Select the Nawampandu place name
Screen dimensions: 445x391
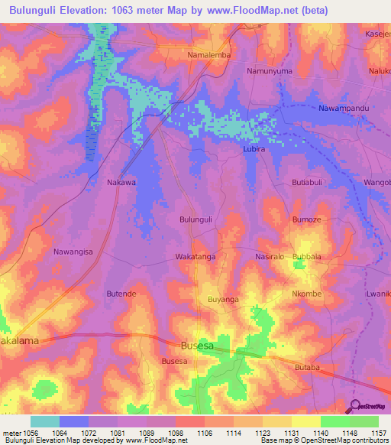tap(344, 109)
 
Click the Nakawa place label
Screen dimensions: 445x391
tap(121, 183)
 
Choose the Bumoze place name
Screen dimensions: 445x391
tap(307, 219)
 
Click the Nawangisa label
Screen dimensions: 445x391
tap(73, 252)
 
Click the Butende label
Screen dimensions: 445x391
tap(121, 294)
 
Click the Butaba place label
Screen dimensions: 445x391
tap(306, 368)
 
